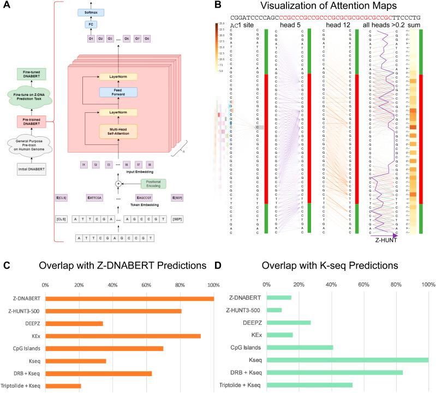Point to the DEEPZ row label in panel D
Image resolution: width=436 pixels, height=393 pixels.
(249, 322)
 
